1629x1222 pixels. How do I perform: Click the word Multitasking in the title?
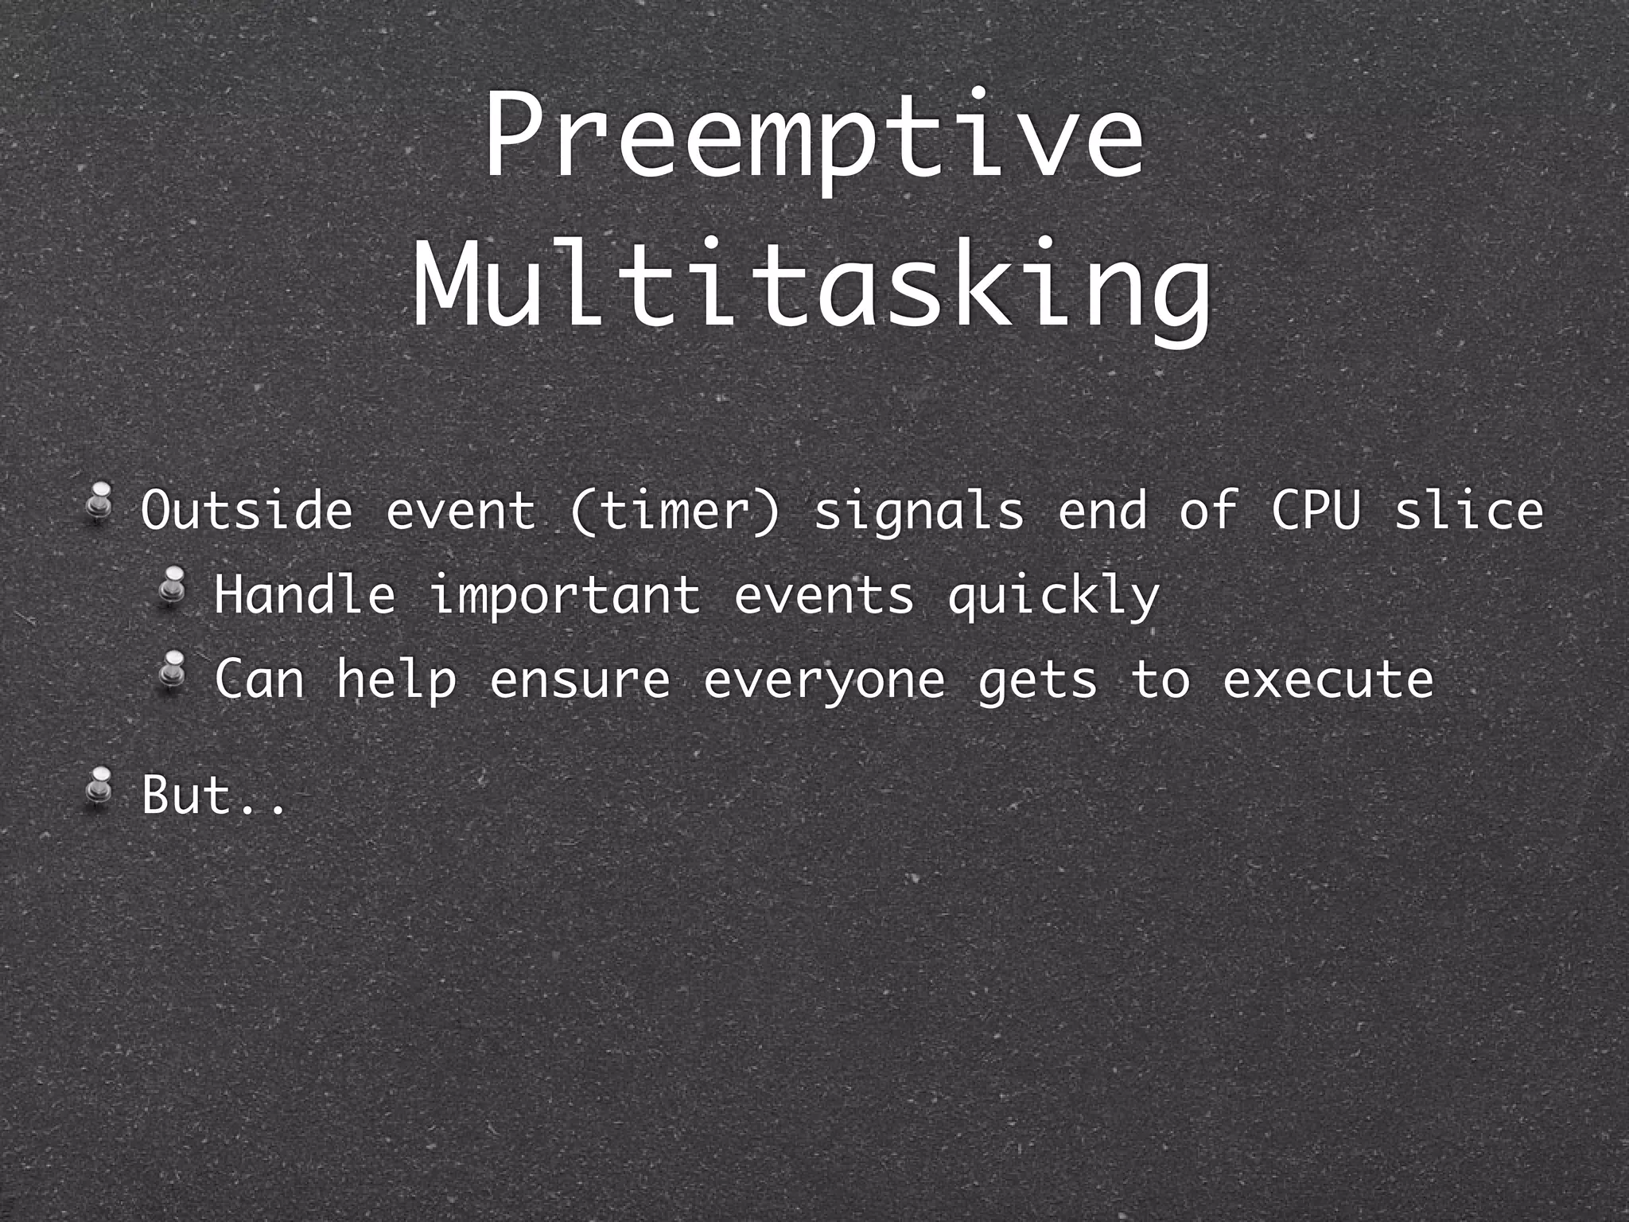pos(813,285)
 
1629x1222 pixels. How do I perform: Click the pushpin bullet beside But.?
pos(100,787)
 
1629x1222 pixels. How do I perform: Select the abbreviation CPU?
pos(1316,510)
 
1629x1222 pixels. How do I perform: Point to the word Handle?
pos(305,594)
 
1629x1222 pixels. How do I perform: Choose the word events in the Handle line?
pos(824,595)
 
